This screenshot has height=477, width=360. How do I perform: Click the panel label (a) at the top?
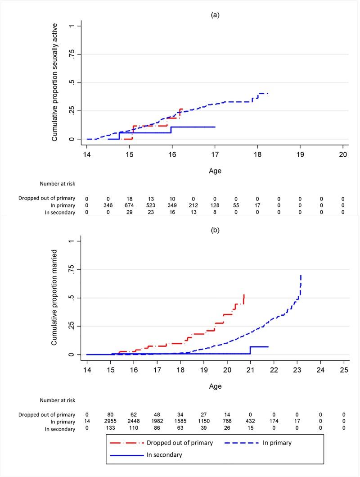tap(215, 14)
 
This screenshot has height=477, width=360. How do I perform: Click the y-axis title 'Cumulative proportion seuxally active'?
tap(54, 83)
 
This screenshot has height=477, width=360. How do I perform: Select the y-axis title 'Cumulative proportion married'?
tap(54, 298)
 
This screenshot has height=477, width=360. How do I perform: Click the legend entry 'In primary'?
tap(276, 442)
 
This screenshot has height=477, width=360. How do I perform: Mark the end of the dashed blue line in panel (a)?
tap(268, 94)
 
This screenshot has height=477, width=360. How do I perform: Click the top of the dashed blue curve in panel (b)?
tap(301, 275)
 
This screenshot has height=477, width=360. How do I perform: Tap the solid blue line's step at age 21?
tap(250, 350)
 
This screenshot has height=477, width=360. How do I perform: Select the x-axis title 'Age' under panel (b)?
tap(215, 386)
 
